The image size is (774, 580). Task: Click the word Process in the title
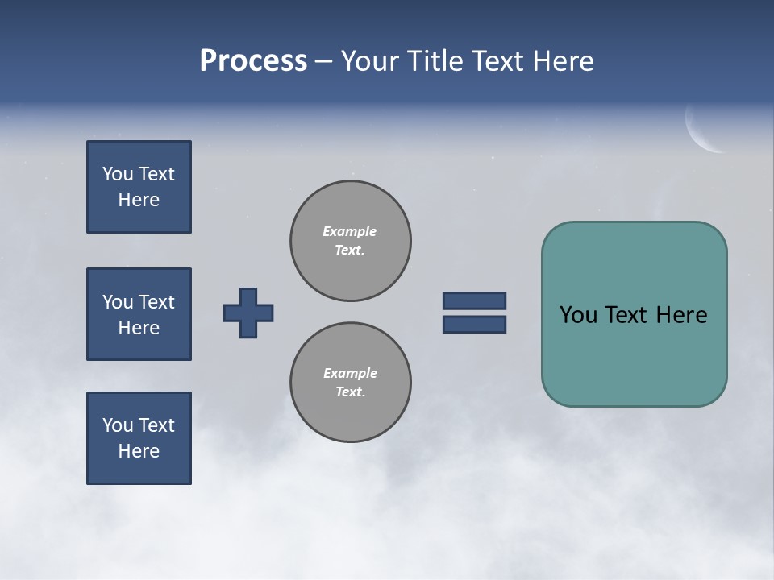click(253, 61)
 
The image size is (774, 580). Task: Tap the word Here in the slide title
click(564, 61)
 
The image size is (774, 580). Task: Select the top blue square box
click(139, 187)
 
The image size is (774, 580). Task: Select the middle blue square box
click(139, 314)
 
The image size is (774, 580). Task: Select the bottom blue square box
click(139, 438)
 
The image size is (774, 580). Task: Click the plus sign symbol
click(248, 313)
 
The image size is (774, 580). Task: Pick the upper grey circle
click(351, 241)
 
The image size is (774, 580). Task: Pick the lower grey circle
click(351, 383)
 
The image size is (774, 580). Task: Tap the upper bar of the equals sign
click(474, 300)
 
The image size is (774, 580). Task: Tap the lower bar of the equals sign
click(474, 325)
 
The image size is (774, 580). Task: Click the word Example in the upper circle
click(350, 231)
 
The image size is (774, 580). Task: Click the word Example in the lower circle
click(350, 373)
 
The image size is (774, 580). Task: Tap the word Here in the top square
click(139, 200)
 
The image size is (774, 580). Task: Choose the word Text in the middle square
click(156, 302)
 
